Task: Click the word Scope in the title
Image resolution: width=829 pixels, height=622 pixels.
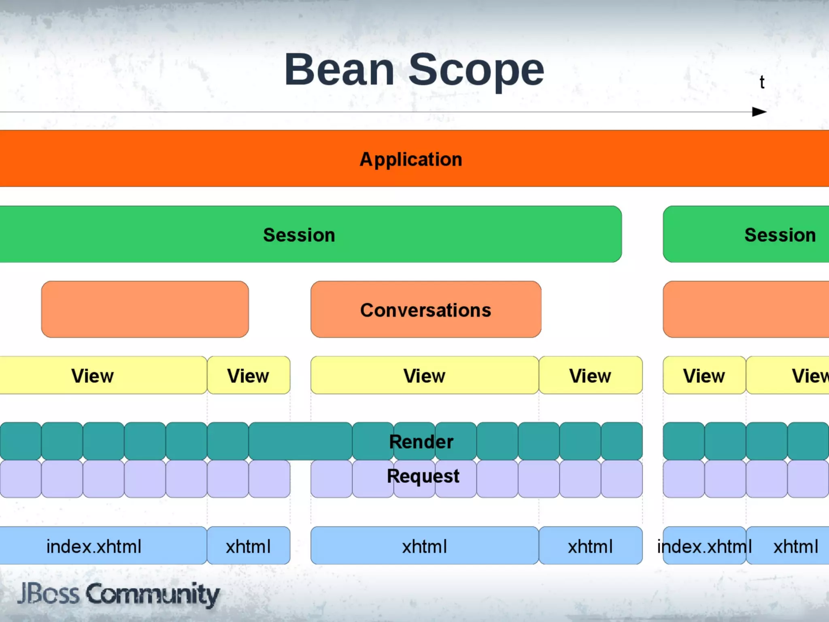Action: click(476, 71)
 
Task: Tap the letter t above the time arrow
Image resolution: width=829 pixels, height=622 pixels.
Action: click(762, 82)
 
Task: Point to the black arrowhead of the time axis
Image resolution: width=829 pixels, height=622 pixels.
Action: click(759, 112)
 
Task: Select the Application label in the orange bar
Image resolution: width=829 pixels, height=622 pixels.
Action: click(411, 159)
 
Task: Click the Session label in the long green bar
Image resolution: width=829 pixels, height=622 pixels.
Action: click(299, 235)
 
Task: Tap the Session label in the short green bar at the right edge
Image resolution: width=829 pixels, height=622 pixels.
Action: click(780, 235)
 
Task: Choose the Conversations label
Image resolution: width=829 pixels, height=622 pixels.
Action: click(425, 310)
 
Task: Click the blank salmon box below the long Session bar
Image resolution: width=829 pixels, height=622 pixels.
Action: click(145, 309)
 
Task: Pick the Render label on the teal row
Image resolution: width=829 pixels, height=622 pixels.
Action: click(421, 441)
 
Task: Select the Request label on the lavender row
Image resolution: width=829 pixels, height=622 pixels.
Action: click(423, 476)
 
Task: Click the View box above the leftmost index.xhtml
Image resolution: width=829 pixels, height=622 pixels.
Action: click(93, 376)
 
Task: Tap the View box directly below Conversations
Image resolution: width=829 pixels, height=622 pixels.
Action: click(424, 376)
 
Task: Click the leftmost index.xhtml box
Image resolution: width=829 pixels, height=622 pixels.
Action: click(94, 546)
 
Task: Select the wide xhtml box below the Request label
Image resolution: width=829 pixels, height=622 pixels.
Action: click(424, 546)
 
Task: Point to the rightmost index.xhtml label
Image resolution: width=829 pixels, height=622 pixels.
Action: click(704, 546)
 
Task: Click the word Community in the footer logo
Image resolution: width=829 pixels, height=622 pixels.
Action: click(153, 594)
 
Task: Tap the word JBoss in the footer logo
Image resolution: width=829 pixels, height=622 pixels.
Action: click(49, 594)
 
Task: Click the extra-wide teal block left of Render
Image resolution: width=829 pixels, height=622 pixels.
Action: click(300, 441)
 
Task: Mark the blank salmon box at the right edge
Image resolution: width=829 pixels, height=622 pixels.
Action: click(746, 309)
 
